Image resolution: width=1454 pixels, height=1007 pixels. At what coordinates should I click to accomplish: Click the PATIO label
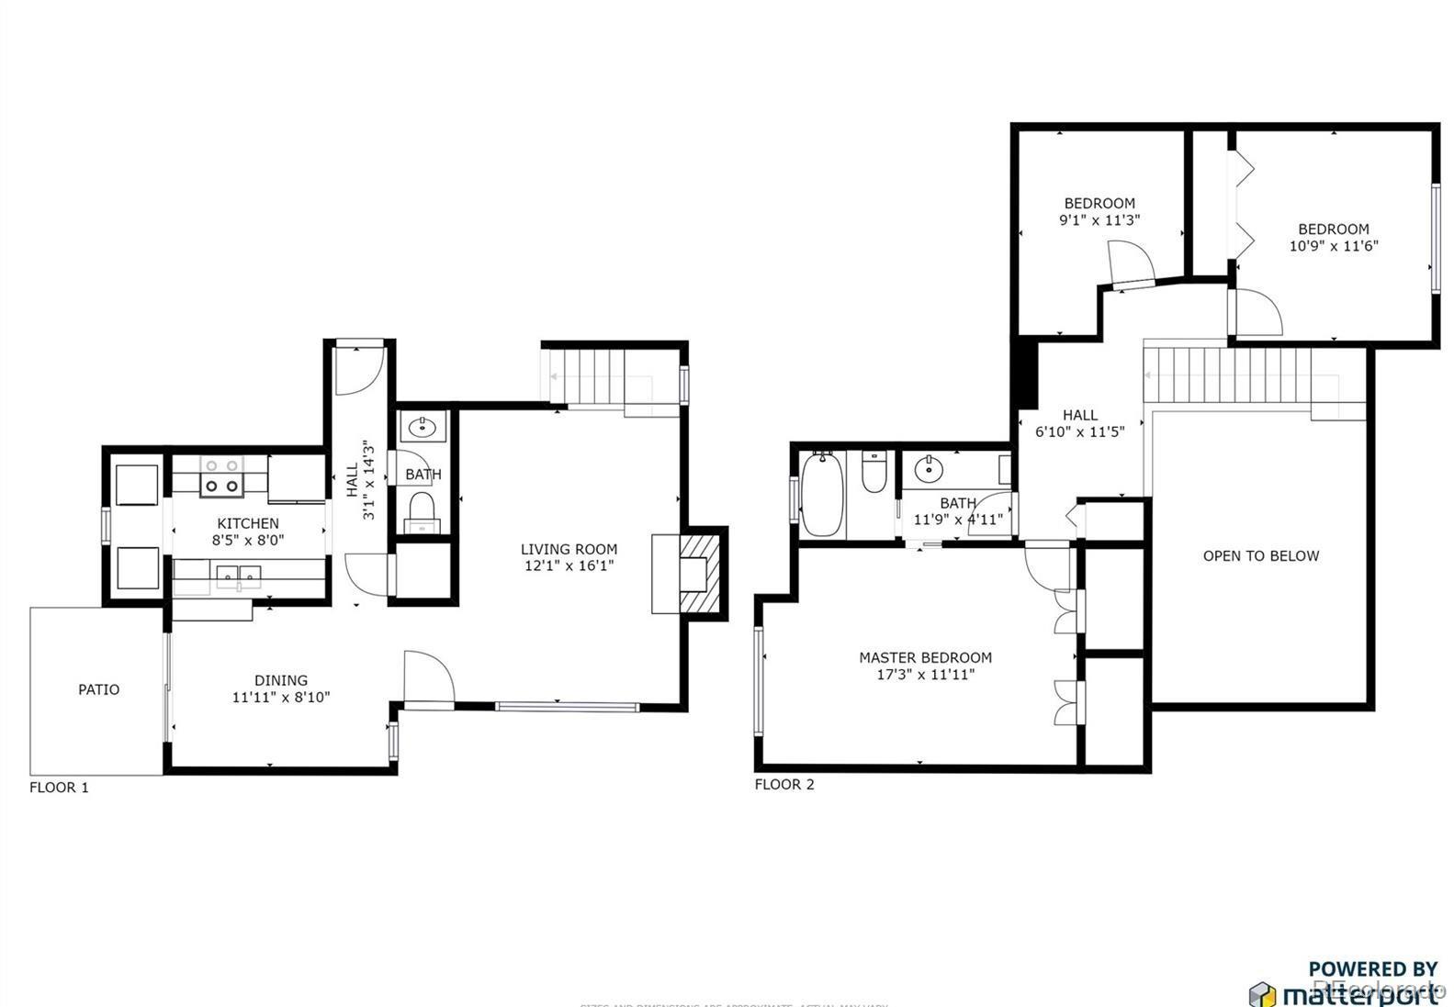coord(98,689)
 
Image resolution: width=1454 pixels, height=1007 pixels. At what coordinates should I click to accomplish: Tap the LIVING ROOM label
coord(569,549)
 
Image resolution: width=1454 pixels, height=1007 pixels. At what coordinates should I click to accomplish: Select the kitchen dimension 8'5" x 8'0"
coord(248,541)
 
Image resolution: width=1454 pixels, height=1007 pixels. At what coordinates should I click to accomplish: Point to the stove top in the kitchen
coord(221,477)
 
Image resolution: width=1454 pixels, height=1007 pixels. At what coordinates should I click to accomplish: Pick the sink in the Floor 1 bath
coord(423,427)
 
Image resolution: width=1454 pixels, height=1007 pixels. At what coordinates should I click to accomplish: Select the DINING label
coord(281,680)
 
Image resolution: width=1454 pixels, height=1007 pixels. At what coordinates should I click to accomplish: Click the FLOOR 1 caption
coord(59,788)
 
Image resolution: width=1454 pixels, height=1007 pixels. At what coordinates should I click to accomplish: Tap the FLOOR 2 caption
coord(784,785)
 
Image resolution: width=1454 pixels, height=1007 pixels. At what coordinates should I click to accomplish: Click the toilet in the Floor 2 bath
coord(874,472)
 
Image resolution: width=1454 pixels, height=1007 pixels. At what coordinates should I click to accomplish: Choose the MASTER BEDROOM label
coord(925,657)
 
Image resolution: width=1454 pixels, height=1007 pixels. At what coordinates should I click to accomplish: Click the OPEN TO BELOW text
coord(1260,555)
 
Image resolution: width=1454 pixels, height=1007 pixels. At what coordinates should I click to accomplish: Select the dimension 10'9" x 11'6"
coord(1334,246)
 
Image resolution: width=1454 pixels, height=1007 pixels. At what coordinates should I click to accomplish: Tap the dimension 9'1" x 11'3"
coord(1099,220)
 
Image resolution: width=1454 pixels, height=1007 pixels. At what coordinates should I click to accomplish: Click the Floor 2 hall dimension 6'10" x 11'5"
coord(1080,432)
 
